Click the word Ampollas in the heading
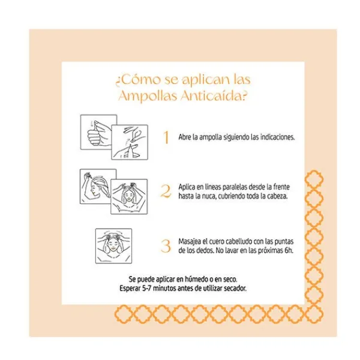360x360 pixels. tap(148, 96)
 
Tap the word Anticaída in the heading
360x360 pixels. tap(214, 96)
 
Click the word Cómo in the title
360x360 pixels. tap(141, 80)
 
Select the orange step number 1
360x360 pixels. tap(166, 137)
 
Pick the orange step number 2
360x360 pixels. tap(166, 191)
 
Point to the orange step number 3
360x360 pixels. tap(166, 246)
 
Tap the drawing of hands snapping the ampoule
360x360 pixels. tap(130, 142)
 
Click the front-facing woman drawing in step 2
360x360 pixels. tap(129, 197)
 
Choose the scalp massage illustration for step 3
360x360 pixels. tap(113, 246)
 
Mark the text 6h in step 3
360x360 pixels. tap(289, 250)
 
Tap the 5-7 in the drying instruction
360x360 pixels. tap(147, 289)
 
